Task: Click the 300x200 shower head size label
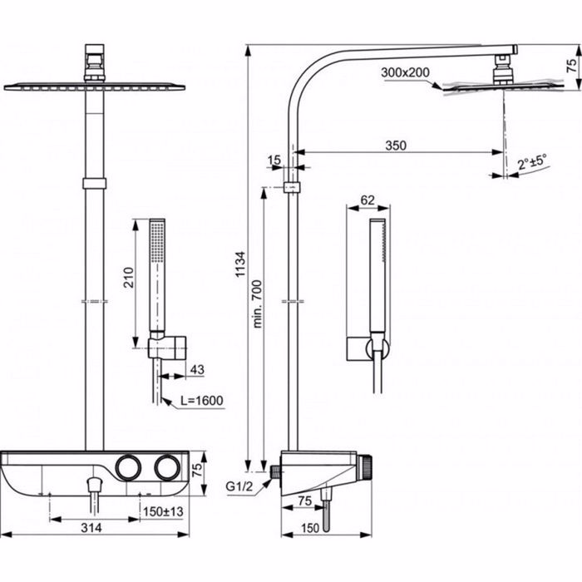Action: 405,73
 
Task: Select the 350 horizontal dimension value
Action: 396,145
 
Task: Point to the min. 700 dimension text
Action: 258,303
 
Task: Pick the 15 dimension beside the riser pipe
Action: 274,159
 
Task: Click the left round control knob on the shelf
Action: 129,468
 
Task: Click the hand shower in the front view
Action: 156,274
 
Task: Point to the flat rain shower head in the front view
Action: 94,86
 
